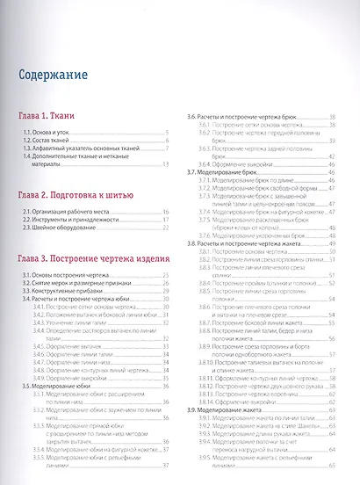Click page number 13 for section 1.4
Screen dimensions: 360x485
[x=166, y=163]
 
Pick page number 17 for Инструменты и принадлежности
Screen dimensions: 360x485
[x=166, y=221]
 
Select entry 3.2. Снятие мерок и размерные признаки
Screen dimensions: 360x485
[x=81, y=284]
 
